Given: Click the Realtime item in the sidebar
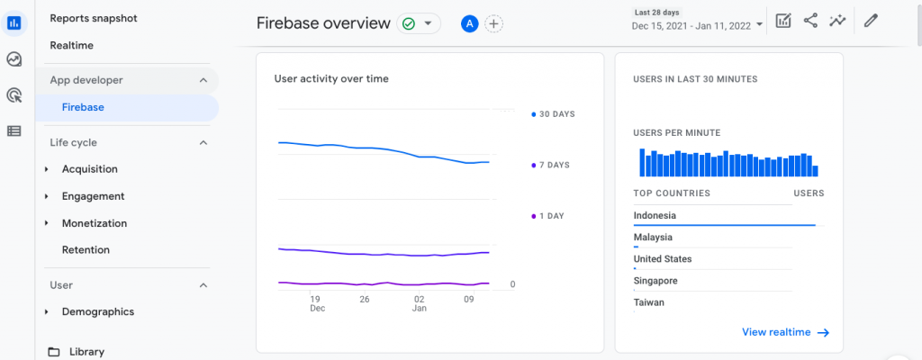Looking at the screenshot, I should (72, 45).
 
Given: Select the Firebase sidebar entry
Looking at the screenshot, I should (83, 107).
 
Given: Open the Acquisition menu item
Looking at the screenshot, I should (89, 169).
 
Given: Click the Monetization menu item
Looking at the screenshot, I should (94, 223).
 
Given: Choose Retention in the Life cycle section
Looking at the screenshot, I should (86, 250).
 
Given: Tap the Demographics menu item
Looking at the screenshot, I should (97, 312).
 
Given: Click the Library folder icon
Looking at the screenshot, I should (54, 352).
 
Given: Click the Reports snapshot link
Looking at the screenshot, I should (95, 18).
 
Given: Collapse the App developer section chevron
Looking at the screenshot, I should (203, 80).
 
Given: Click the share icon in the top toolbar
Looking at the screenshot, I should (810, 21).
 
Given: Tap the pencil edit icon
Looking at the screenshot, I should (870, 21).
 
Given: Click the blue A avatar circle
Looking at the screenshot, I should (469, 24).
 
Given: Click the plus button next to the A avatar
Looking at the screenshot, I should (493, 24).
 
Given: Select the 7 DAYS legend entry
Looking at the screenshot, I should (553, 166).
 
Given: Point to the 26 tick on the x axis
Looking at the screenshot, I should (364, 299).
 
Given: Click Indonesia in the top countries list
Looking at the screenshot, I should (655, 216).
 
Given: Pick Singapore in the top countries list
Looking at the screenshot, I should (655, 281).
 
